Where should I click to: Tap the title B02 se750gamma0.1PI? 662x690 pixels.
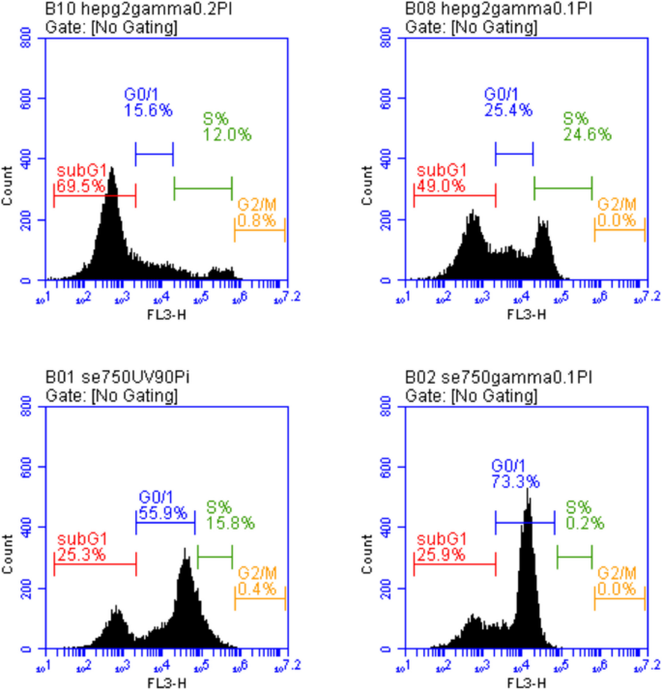(x=475, y=377)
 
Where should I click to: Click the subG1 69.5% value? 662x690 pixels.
(x=81, y=186)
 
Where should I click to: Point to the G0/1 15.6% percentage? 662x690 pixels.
(x=148, y=111)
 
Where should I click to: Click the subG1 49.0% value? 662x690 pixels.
(x=440, y=186)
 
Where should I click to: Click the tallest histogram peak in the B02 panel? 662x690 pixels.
(x=528, y=492)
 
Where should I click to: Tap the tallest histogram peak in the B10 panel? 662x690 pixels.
(x=112, y=170)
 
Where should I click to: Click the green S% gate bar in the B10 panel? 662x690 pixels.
(x=203, y=187)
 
